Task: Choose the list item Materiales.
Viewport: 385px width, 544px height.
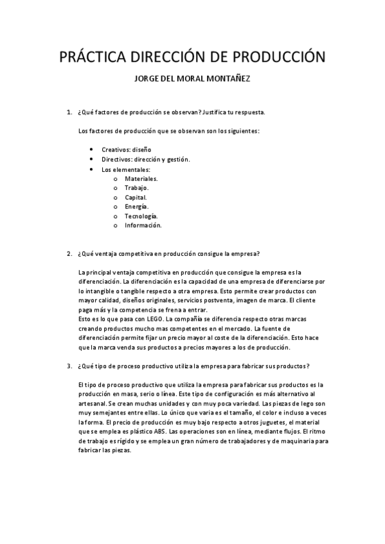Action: tap(141, 178)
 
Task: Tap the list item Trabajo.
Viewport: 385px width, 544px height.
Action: tap(136, 188)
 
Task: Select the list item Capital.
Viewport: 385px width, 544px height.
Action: tap(136, 198)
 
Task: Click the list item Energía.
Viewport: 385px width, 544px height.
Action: tap(136, 207)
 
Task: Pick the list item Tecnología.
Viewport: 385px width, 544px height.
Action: tap(141, 216)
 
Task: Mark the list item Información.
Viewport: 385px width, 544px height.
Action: tap(143, 225)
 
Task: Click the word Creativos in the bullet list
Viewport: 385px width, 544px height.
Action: tap(116, 149)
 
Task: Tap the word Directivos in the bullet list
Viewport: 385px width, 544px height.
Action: tap(117, 159)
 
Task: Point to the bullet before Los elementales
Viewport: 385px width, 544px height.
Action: tap(93, 169)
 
